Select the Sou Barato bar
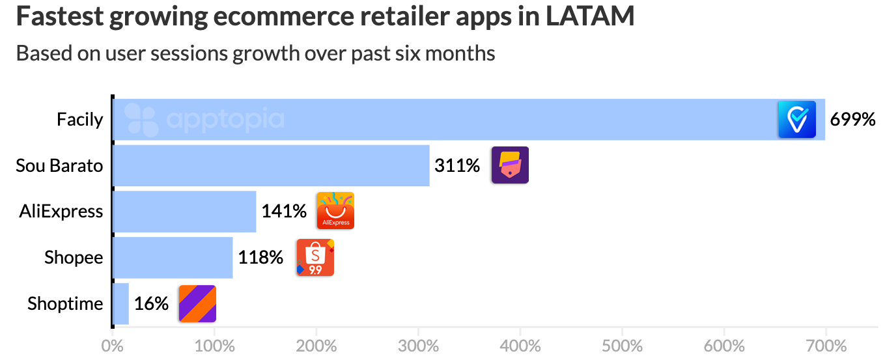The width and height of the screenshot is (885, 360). click(x=271, y=166)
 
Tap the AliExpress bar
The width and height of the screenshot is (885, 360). click(x=184, y=212)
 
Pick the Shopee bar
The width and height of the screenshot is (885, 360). click(x=173, y=258)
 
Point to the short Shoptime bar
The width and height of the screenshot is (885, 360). click(x=120, y=304)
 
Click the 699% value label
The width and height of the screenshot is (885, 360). click(x=852, y=120)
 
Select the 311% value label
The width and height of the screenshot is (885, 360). click(x=457, y=166)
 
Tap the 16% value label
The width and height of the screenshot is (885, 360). click(x=151, y=304)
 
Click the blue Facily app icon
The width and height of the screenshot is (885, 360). click(x=797, y=120)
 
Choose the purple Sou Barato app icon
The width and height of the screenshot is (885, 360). click(x=510, y=165)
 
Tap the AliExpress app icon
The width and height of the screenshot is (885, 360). click(x=335, y=211)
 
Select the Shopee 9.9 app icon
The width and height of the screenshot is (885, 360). click(x=315, y=258)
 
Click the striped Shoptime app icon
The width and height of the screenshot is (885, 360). click(x=197, y=304)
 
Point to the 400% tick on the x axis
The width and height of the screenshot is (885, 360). click(x=520, y=344)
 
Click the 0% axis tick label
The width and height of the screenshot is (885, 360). click(x=113, y=344)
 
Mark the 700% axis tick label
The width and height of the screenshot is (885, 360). click(x=825, y=344)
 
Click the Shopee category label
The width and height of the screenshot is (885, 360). click(x=74, y=258)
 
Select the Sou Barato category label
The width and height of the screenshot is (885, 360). click(x=59, y=166)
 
